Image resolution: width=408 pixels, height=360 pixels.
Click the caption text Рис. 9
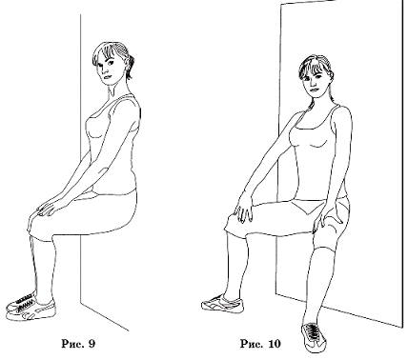(x=78, y=344)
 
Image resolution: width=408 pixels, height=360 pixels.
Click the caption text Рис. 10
(x=260, y=344)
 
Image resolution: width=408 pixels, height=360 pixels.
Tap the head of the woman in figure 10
(x=316, y=75)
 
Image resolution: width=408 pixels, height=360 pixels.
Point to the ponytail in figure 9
(x=130, y=67)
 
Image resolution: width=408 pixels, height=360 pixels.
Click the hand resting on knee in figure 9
(x=48, y=207)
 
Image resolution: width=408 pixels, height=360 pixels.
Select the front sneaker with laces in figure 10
(x=314, y=337)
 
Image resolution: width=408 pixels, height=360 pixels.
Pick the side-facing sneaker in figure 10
(x=222, y=304)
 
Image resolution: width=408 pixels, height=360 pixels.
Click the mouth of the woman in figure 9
(x=107, y=78)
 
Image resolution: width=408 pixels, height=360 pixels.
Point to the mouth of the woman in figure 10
(x=315, y=90)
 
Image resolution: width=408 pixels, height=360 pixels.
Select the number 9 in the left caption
(x=92, y=344)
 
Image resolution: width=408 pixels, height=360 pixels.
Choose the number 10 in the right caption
(x=275, y=344)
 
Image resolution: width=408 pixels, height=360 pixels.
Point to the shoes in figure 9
(x=31, y=308)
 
